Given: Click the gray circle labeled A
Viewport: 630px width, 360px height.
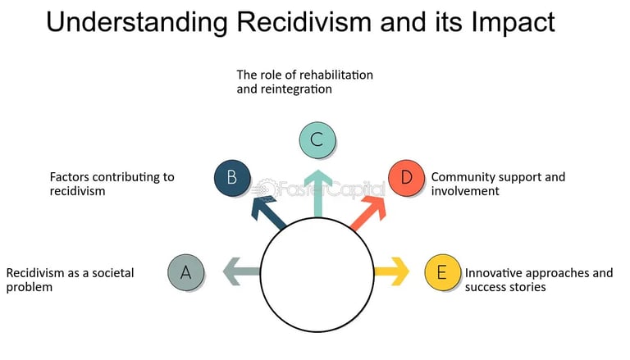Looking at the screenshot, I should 186,273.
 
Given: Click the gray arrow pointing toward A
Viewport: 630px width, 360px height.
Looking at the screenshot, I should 241,271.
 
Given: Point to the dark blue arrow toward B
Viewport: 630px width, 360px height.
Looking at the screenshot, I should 269,211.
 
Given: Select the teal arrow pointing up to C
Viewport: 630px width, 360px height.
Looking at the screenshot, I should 317,194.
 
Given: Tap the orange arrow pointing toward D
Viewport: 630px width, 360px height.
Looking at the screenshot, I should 367,209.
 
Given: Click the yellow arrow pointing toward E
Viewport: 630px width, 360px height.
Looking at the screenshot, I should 391,271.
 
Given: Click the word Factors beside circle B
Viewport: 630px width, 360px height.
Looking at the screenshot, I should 70,176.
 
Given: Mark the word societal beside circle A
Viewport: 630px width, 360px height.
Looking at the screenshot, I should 112,273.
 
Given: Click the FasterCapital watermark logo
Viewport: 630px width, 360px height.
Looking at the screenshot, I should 320,189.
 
